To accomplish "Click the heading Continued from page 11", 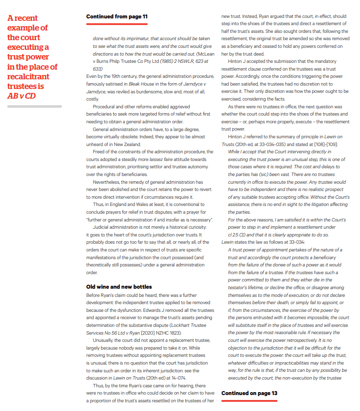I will [x=117, y=16].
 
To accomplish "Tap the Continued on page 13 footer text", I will [x=249, y=393].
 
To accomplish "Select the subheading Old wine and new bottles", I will [x=119, y=287].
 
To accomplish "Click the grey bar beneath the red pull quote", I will [x=34, y=106].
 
